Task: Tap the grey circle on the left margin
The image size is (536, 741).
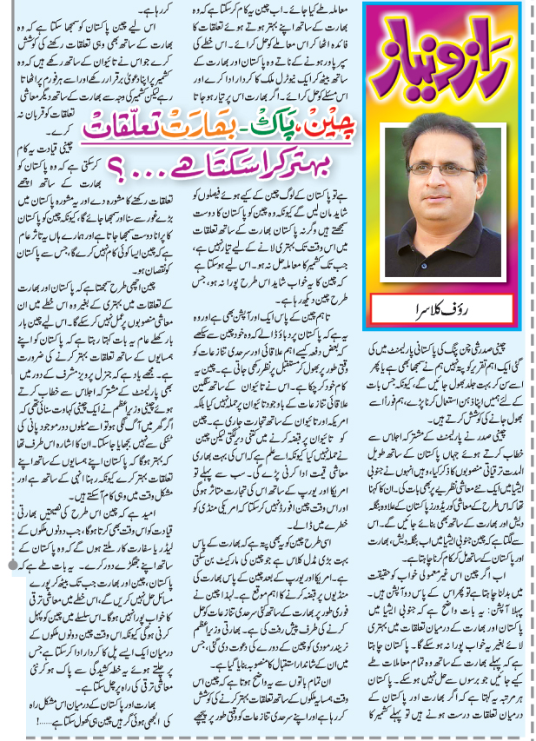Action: (10, 591)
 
